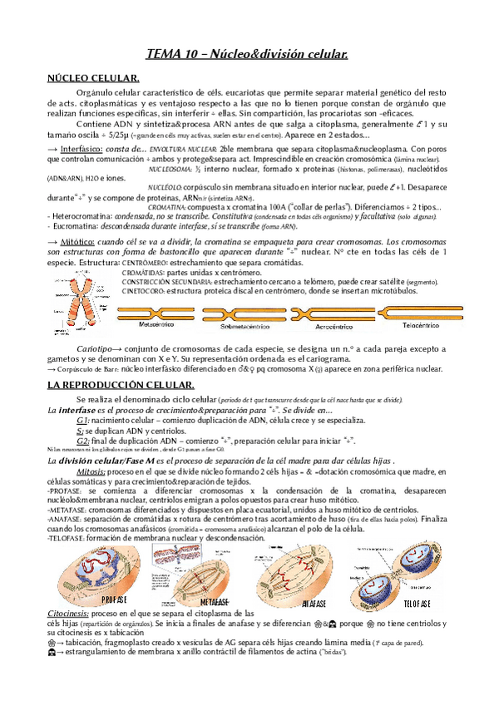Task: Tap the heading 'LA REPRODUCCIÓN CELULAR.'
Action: point(120,385)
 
